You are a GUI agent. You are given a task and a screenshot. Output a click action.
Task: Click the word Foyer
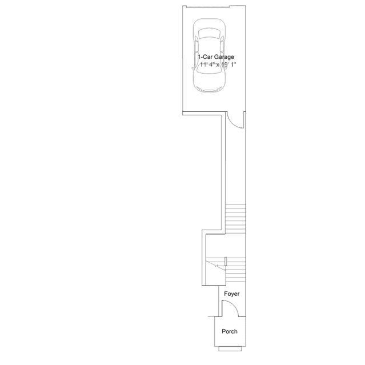231,294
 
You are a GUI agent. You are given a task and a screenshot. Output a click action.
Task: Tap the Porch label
229,331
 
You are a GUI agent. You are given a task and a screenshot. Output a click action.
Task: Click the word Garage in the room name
224,57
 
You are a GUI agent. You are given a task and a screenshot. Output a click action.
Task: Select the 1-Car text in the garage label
206,57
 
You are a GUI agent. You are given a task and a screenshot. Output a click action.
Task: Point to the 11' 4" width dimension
200,65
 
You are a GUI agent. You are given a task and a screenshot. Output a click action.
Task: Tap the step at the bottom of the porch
231,348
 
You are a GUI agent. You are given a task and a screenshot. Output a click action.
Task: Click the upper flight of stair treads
235,217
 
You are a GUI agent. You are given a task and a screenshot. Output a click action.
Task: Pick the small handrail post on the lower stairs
226,262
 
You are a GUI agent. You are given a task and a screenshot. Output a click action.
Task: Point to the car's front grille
208,90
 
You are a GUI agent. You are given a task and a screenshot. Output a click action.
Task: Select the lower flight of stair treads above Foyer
235,268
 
